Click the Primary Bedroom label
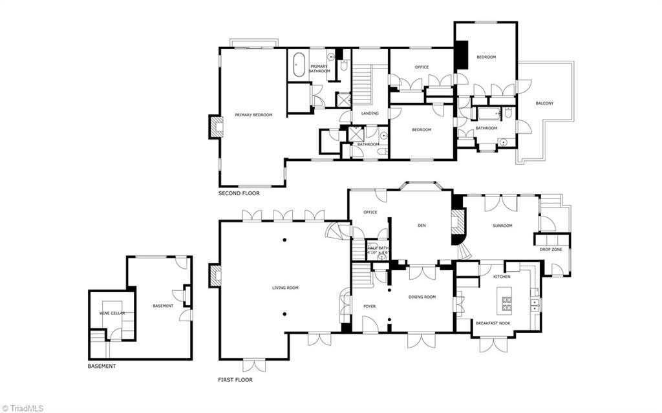pyautogui.click(x=253, y=115)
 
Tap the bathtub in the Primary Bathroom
pyautogui.click(x=299, y=65)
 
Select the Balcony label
pyautogui.click(x=544, y=103)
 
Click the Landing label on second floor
pyautogui.click(x=370, y=114)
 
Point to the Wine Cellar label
pyautogui.click(x=112, y=313)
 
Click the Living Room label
pyautogui.click(x=285, y=288)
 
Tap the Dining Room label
pyautogui.click(x=422, y=297)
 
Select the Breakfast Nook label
pyautogui.click(x=493, y=323)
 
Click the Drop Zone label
pyautogui.click(x=551, y=248)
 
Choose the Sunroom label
pyautogui.click(x=502, y=226)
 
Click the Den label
pyautogui.click(x=422, y=226)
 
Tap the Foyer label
pyautogui.click(x=369, y=306)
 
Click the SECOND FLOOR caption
pyautogui.click(x=239, y=193)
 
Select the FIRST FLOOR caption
pyautogui.click(x=235, y=380)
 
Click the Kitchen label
pyautogui.click(x=502, y=277)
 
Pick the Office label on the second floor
pyautogui.click(x=422, y=67)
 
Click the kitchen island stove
pyautogui.click(x=507, y=301)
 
